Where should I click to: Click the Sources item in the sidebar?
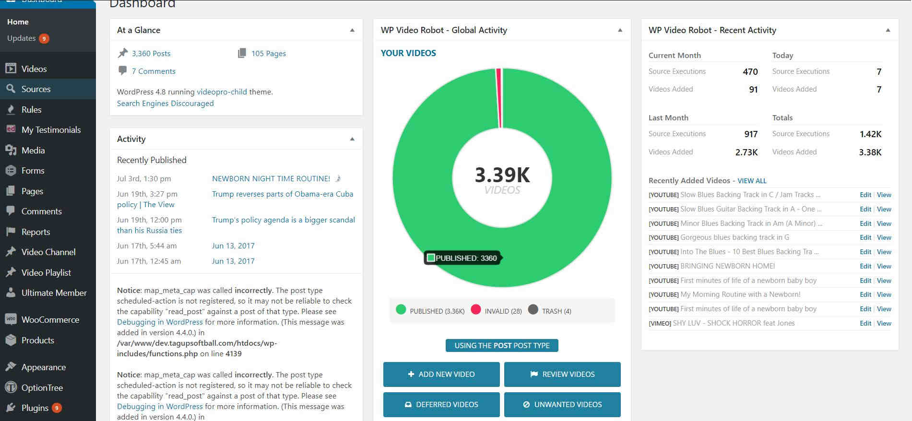[x=36, y=89]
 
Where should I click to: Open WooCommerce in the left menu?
[x=50, y=320]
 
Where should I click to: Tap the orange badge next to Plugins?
[x=57, y=408]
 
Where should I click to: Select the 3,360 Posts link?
[x=151, y=54]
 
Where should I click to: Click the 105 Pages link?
[x=268, y=54]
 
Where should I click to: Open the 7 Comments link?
[x=154, y=71]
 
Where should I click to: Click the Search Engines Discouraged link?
[x=165, y=104]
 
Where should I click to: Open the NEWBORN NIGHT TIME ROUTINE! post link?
[x=271, y=179]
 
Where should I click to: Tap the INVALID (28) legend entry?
[x=502, y=311]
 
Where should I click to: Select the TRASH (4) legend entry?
[x=556, y=311]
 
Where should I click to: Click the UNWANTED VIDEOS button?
[x=562, y=405]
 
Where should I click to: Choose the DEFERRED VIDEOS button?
[x=441, y=405]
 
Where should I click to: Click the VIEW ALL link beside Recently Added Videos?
[x=752, y=181]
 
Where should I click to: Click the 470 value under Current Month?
[x=750, y=72]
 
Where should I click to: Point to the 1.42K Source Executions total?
[x=870, y=134]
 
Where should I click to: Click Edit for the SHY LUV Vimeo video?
[x=865, y=323]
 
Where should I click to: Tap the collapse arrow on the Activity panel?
[x=352, y=139]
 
